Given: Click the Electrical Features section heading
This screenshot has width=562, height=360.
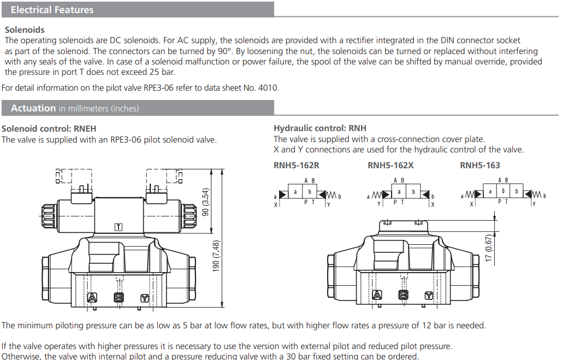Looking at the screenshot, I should pos(52,10).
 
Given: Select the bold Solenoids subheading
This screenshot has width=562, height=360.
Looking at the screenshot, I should pos(25,29).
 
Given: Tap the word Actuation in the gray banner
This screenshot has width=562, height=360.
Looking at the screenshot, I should pos(33,108).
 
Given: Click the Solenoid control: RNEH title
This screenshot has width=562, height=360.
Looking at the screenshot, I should pos(49,129).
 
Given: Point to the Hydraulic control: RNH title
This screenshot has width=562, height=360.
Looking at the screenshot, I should pos(320,128).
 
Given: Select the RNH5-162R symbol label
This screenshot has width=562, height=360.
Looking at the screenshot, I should pos(296,165).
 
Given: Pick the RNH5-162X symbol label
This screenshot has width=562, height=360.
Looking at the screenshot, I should pos(391,165).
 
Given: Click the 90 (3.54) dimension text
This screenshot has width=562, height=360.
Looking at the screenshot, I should pos(206,202).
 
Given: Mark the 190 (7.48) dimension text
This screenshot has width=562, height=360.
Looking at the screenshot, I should pos(216,256).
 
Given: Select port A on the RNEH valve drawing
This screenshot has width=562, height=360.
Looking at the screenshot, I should pos(92,298).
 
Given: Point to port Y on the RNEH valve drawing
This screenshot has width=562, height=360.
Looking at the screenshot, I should pos(144,298).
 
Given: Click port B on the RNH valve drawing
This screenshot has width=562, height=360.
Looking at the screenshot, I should pos(403,295).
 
